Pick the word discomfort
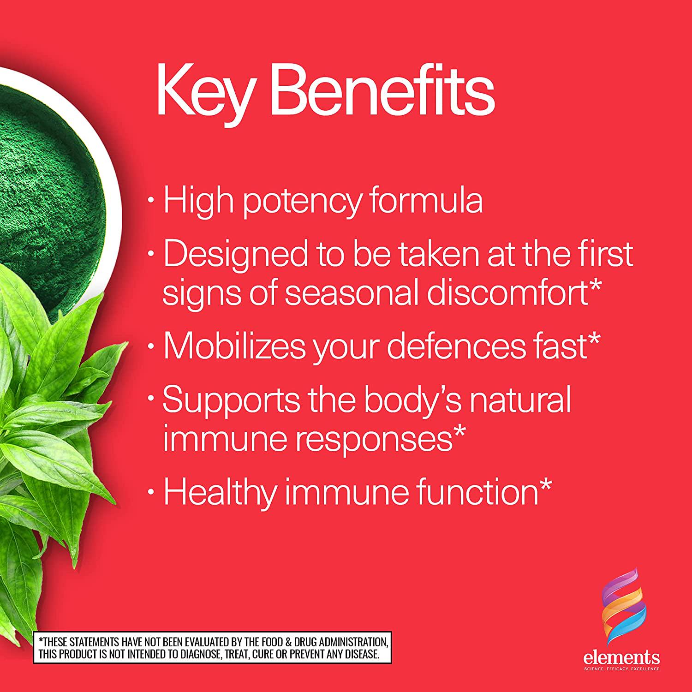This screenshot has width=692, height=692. (507, 291)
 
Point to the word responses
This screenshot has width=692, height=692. (372, 440)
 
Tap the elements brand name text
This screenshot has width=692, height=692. (621, 656)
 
